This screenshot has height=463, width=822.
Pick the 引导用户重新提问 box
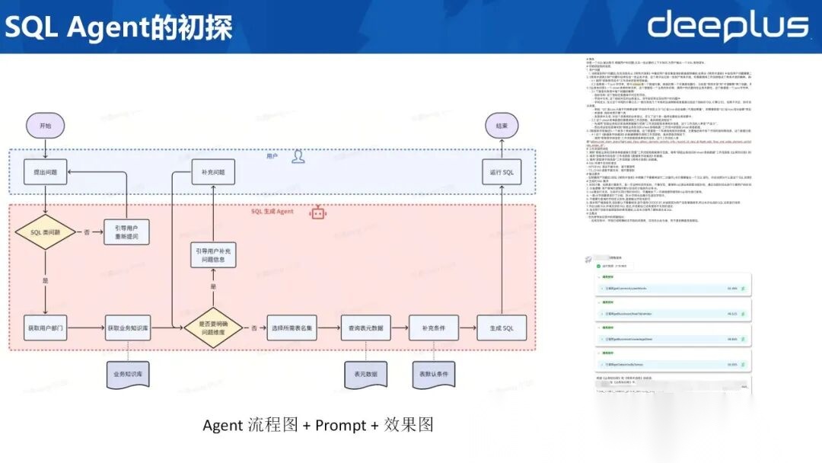(126, 231)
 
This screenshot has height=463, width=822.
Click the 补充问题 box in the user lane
(209, 172)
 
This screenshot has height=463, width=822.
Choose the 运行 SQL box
(502, 172)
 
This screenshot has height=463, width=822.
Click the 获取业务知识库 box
(126, 328)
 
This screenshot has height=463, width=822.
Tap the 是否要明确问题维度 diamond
(213, 328)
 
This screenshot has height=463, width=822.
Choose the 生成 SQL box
(502, 328)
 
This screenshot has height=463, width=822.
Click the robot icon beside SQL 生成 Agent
(317, 213)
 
